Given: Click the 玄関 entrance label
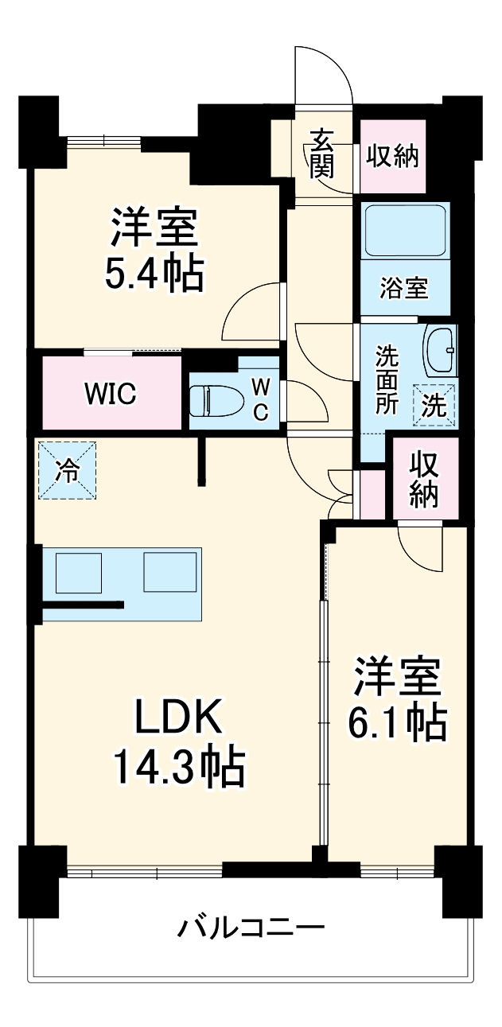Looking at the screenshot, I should [321, 152].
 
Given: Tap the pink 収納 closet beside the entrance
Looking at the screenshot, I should [392, 156].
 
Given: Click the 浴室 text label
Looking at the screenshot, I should [404, 289].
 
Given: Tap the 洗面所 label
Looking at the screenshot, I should [387, 379].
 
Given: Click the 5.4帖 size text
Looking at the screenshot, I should [154, 273].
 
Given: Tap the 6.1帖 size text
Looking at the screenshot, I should [396, 722].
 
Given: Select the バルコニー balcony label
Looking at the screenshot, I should [251, 928].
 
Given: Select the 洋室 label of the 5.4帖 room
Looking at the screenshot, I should [154, 227].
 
